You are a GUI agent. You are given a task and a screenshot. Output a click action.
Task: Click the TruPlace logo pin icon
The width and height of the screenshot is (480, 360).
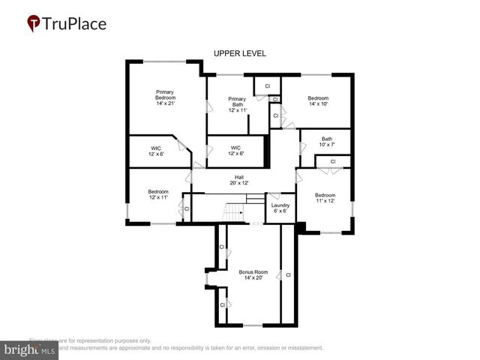[x=34, y=24]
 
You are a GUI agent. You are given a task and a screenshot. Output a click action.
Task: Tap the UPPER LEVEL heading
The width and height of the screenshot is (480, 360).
[x=239, y=53]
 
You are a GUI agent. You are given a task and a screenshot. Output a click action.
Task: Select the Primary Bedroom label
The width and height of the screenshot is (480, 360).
[x=164, y=97]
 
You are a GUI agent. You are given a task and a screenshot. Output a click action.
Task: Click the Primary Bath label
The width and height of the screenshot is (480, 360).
[x=237, y=104]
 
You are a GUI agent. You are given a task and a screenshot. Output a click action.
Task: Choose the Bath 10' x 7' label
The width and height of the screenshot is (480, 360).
[x=327, y=141]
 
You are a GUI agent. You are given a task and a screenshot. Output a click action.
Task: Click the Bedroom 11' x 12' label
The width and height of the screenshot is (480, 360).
[x=325, y=198]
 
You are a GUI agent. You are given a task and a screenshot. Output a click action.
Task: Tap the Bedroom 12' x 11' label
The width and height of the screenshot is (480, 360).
[x=158, y=194]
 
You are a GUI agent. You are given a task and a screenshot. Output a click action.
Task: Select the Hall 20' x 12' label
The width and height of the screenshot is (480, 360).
[x=238, y=180]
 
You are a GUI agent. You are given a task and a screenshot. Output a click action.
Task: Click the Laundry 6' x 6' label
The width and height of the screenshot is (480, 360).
[x=280, y=208]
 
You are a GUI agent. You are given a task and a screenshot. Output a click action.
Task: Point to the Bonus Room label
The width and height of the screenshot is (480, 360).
[x=253, y=274]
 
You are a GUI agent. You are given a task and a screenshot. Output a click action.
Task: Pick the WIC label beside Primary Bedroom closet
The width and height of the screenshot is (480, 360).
[x=156, y=151]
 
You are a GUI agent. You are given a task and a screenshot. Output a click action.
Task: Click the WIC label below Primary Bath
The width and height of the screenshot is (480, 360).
[x=235, y=151]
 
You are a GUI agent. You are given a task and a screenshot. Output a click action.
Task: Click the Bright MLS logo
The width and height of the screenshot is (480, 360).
[x=30, y=349]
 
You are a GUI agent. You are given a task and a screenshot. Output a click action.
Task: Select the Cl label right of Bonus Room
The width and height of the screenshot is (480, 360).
[x=288, y=275]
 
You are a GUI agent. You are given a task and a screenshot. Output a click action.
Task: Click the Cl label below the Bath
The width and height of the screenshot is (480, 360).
[x=332, y=161]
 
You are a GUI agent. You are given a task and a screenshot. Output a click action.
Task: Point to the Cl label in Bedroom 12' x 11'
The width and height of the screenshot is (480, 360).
[x=187, y=208]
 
